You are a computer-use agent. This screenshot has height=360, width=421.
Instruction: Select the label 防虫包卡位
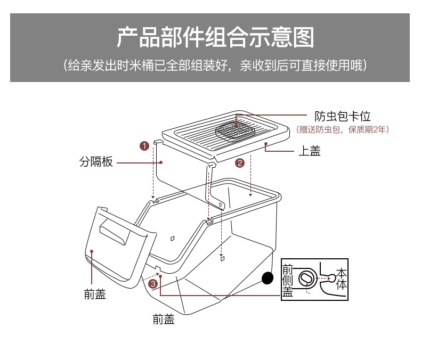342,116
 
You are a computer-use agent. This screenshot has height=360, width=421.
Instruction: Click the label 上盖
309,151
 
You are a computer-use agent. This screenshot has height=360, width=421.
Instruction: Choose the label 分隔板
96,162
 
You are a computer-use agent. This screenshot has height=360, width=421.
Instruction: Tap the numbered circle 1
144,146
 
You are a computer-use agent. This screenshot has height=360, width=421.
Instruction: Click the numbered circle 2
240,163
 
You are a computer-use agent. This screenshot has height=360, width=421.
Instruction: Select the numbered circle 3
153,283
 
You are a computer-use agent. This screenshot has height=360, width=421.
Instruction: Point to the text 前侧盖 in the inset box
288,279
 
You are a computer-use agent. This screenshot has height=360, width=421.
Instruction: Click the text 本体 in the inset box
342,279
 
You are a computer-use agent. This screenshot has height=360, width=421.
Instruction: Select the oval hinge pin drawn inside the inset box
307,279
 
